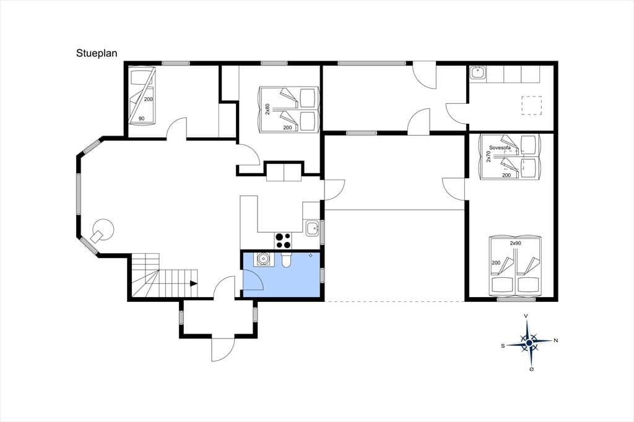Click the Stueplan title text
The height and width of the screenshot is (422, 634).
click(x=97, y=53)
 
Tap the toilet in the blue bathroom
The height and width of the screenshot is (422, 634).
click(x=285, y=260)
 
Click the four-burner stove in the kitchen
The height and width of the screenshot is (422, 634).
click(x=283, y=241)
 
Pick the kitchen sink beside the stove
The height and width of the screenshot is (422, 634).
click(x=312, y=228)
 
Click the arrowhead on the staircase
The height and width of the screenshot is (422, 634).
click(x=194, y=283)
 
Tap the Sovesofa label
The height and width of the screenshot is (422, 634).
click(x=500, y=147)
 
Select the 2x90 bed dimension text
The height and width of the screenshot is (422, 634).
click(x=515, y=243)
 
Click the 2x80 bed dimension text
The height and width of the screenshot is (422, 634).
click(x=267, y=109)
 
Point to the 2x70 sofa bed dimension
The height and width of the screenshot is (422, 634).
click(x=489, y=157)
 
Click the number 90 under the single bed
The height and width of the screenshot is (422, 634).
click(x=142, y=118)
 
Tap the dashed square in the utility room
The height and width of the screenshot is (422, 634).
click(x=531, y=105)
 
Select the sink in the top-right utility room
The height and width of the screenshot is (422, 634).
click(x=479, y=73)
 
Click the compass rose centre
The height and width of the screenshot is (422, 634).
click(x=529, y=343)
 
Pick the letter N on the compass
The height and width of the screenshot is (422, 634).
click(x=555, y=341)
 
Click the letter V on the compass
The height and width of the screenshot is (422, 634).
click(x=526, y=316)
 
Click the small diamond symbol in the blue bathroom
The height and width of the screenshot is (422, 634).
click(x=311, y=255)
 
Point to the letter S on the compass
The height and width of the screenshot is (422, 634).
click(x=503, y=346)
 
